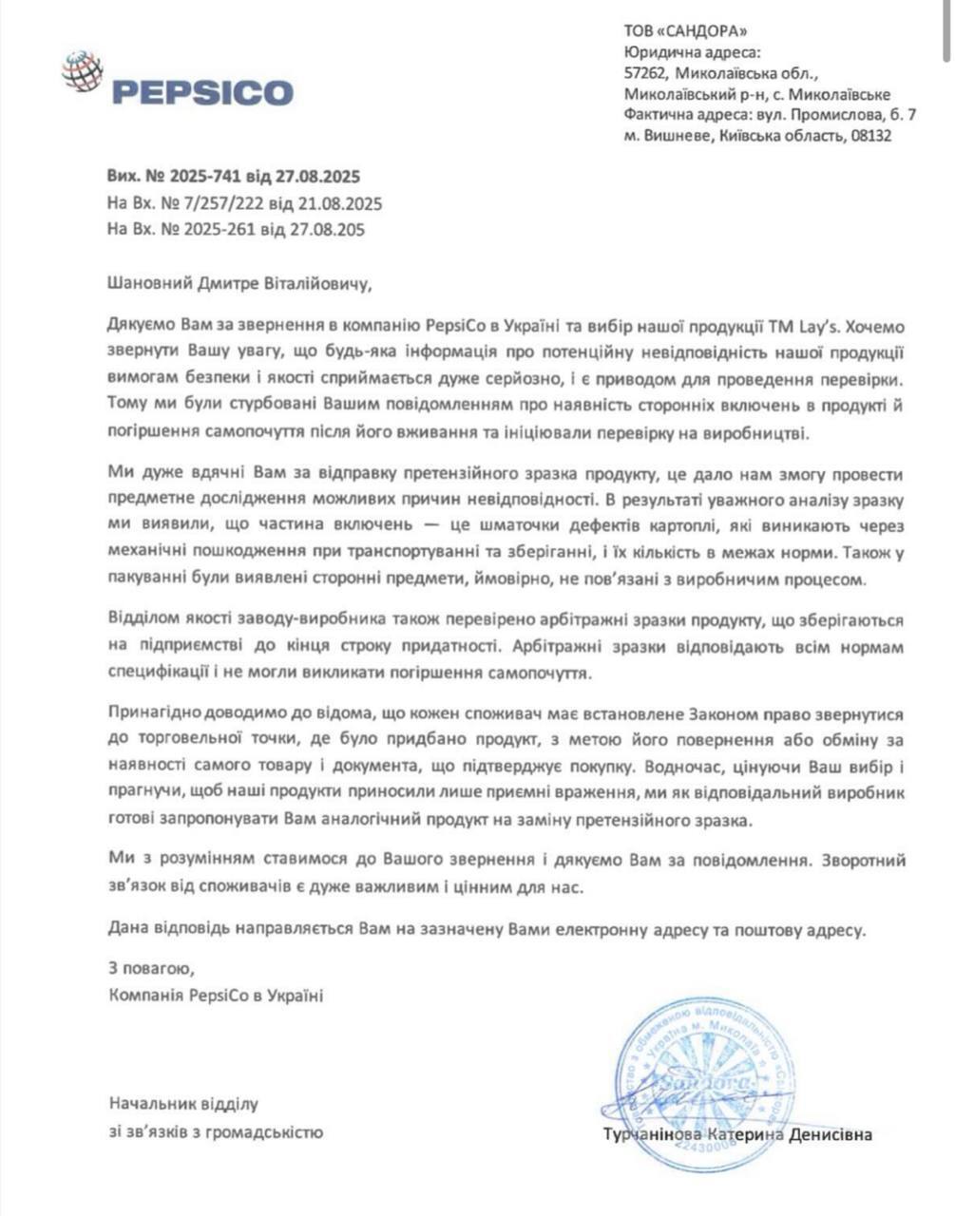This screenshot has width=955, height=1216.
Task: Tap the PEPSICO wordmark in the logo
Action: (202, 92)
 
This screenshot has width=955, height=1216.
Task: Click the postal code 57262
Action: (645, 73)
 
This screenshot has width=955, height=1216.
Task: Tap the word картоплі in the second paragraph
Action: (659, 525)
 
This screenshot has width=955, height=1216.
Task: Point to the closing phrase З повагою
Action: (151, 970)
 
